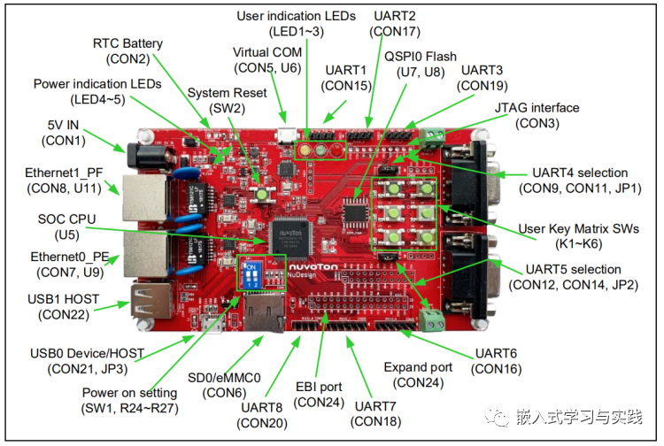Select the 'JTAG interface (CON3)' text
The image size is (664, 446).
click(x=537, y=116)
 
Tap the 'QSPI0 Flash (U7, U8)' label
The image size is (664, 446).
click(x=421, y=65)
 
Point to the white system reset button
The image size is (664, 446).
click(x=263, y=193)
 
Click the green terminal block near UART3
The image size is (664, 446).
click(x=435, y=135)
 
